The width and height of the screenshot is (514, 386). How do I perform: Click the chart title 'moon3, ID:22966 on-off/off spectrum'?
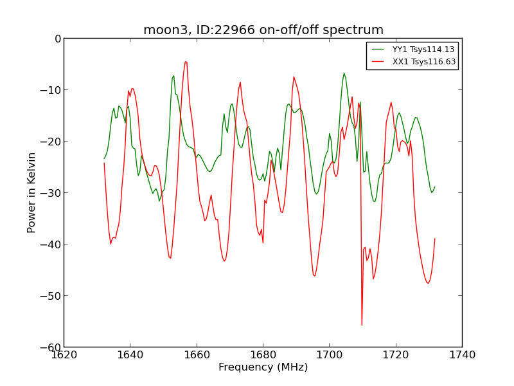pyautogui.click(x=263, y=30)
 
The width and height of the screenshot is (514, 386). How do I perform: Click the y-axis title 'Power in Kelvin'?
pyautogui.click(x=31, y=192)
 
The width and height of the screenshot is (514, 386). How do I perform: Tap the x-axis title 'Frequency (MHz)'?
pyautogui.click(x=263, y=367)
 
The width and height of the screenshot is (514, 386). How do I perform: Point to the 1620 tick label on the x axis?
pyautogui.click(x=64, y=354)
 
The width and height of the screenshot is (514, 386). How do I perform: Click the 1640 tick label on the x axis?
pyautogui.click(x=130, y=354)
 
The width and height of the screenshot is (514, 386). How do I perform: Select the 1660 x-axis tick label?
pyautogui.click(x=197, y=354)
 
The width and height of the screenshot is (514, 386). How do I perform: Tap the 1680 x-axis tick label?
pyautogui.click(x=263, y=354)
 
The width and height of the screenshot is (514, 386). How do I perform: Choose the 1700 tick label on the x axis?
pyautogui.click(x=329, y=354)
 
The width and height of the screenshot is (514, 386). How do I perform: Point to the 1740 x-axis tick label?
pyautogui.click(x=462, y=354)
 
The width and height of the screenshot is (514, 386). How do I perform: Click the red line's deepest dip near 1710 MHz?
pyautogui.click(x=362, y=325)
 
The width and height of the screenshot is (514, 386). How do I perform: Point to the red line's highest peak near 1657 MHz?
pyautogui.click(x=186, y=62)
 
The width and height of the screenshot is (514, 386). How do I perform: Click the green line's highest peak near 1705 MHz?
pyautogui.click(x=344, y=73)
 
